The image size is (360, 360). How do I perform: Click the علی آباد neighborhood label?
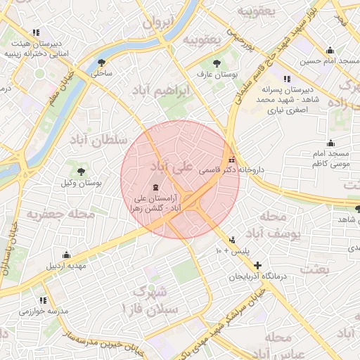tap(171, 167)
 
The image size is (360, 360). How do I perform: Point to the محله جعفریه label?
tap(60, 214)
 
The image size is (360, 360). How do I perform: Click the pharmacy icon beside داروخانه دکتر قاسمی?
tap(232, 160)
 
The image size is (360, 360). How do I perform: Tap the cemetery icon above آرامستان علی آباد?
tap(155, 186)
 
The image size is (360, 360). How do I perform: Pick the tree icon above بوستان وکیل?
tap(82, 171)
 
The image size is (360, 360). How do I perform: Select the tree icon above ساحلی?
tap(103, 62)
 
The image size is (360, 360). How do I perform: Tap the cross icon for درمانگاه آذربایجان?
tap(258, 266)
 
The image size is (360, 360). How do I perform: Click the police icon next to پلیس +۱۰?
tap(233, 240)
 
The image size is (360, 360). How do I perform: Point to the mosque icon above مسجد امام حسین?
tap(330, 50)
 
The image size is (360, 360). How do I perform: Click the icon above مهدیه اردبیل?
tap(67, 255)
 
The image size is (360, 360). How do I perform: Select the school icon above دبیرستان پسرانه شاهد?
tap(285, 79)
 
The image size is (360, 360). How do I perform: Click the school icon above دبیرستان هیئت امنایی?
tap(36, 32)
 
